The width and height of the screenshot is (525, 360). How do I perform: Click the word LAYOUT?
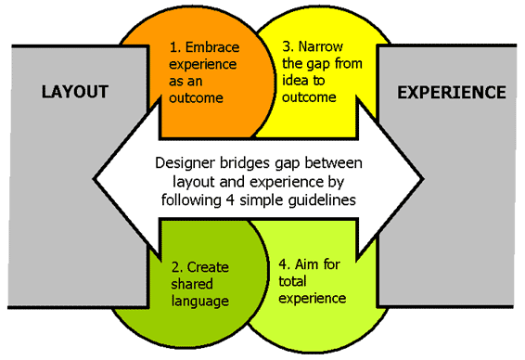(x=75, y=92)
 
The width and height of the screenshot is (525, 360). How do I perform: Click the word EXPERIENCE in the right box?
(x=451, y=92)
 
